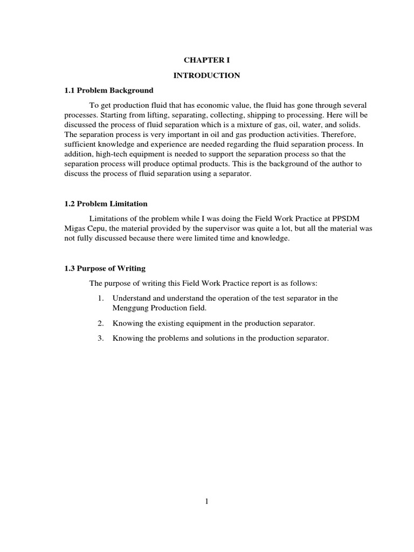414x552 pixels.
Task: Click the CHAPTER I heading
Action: pos(206,60)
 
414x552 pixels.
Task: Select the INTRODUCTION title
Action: pos(206,75)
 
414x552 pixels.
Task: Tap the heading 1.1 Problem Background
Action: pos(109,90)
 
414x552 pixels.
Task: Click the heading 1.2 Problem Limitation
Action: pos(106,204)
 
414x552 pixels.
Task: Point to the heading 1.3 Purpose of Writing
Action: pos(105,268)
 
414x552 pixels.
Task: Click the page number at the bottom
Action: pos(207,501)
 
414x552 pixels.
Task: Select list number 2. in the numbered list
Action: pos(100,323)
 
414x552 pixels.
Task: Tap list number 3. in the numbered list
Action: pos(100,339)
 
